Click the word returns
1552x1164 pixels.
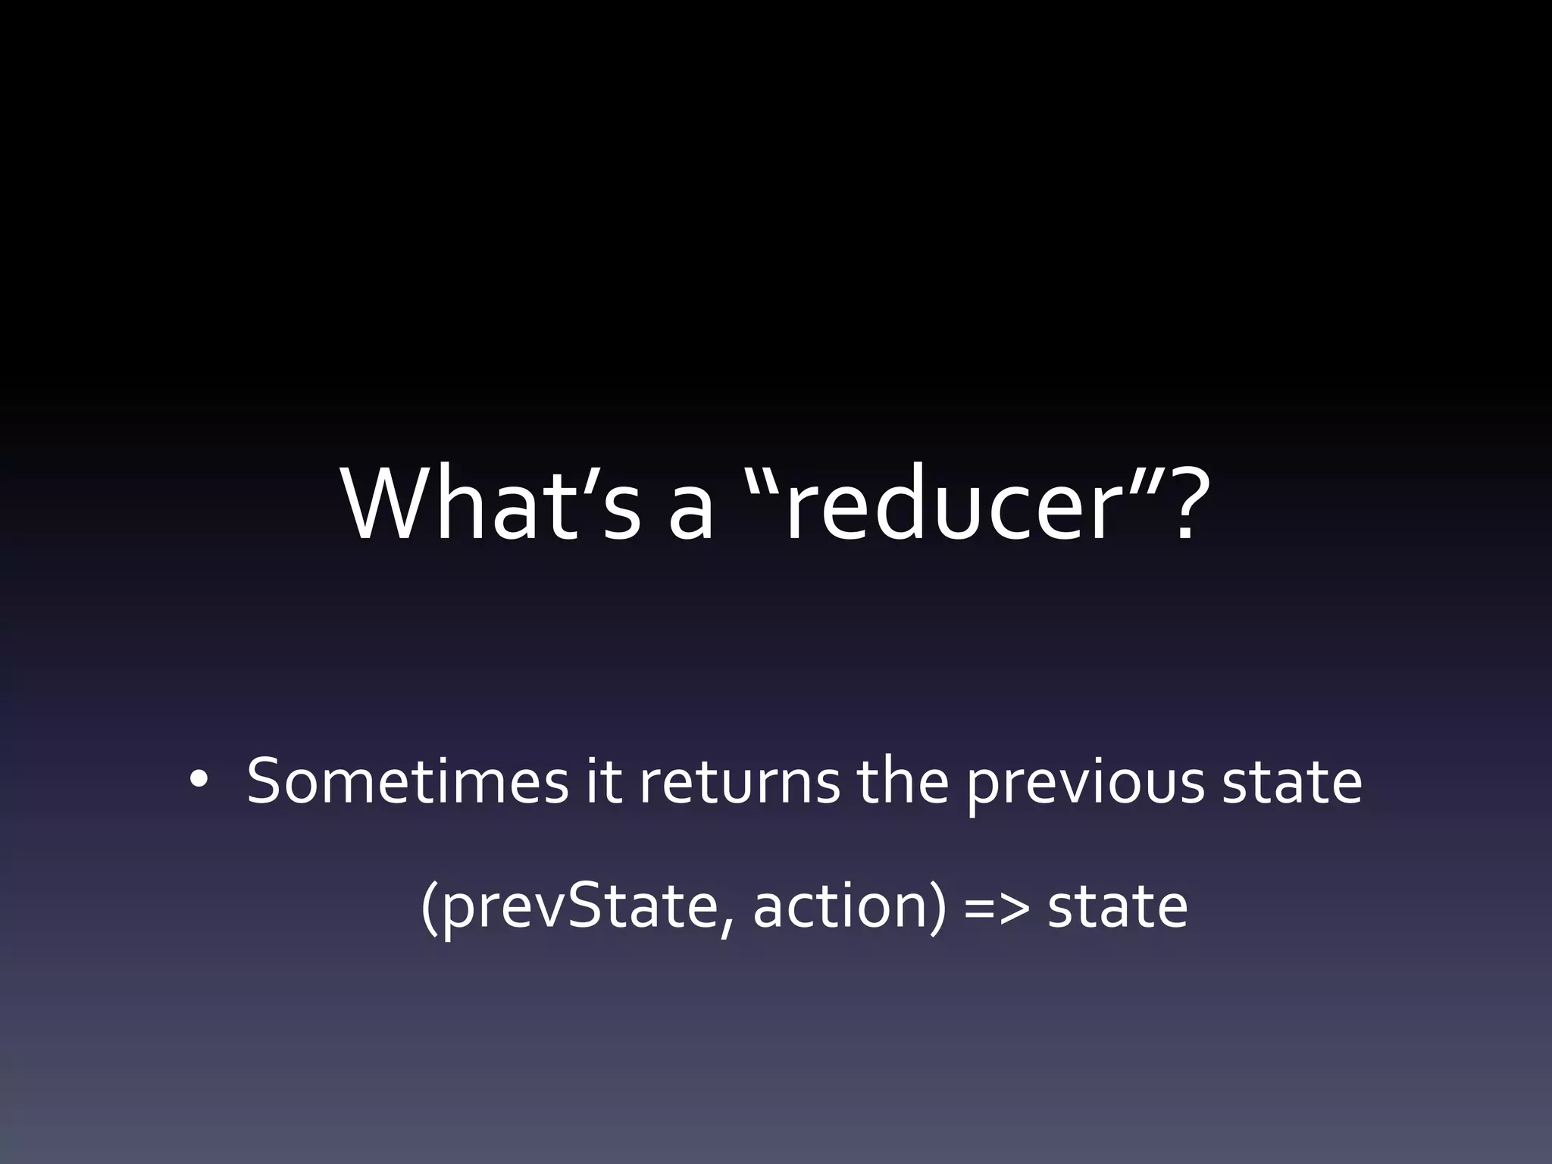(x=740, y=781)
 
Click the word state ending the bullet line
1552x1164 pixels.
(x=1292, y=781)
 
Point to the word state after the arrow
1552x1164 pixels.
(x=1117, y=907)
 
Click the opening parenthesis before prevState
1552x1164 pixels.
(x=429, y=909)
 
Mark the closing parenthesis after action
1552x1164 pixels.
(x=940, y=909)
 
